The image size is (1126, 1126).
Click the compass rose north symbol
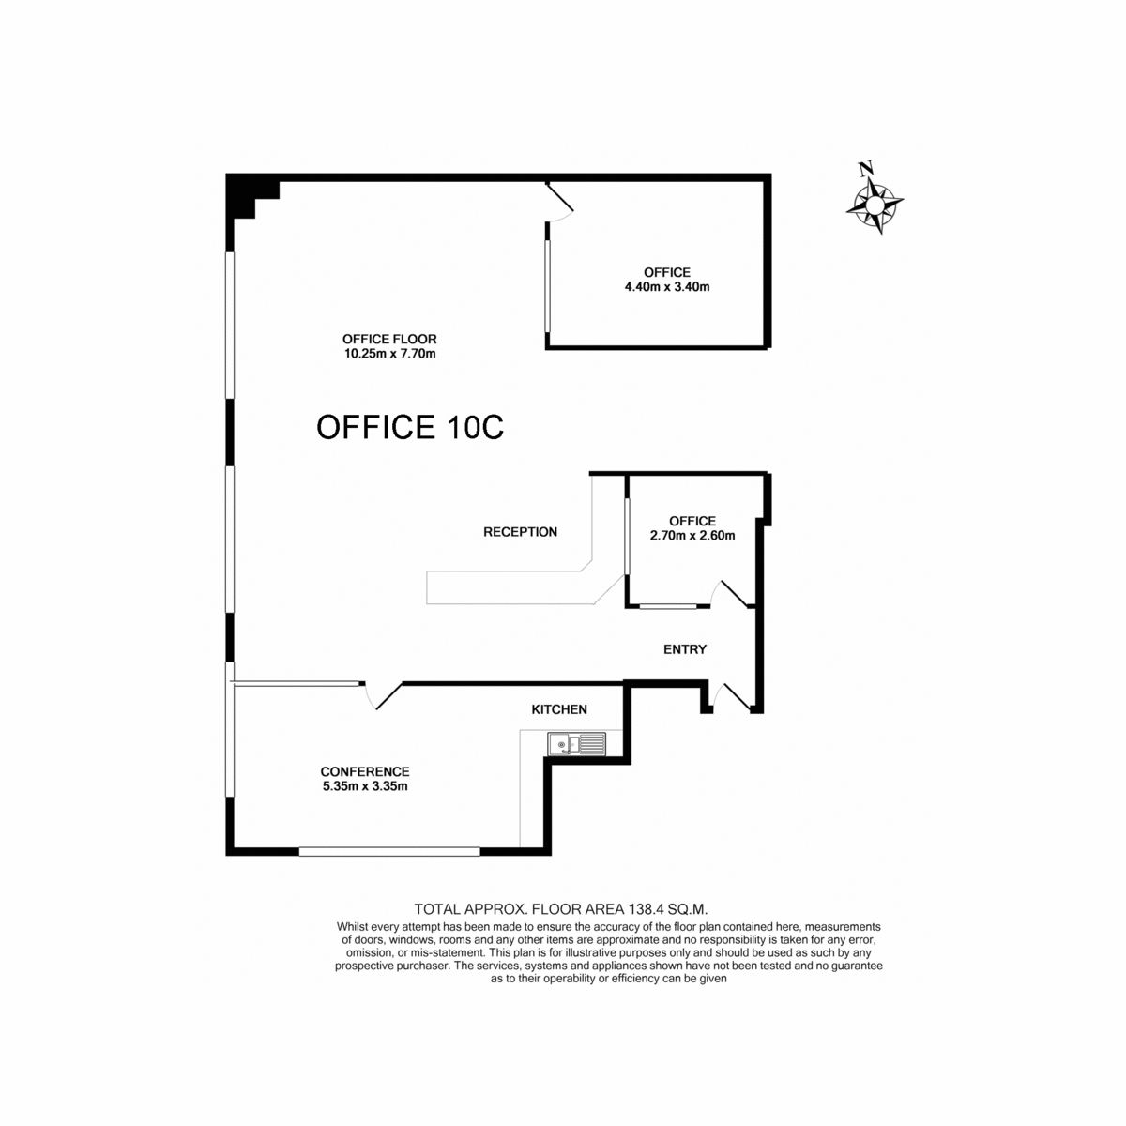pyautogui.click(x=875, y=198)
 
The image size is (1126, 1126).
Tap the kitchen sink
pyautogui.click(x=577, y=744)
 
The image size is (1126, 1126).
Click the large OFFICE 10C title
pyautogui.click(x=410, y=427)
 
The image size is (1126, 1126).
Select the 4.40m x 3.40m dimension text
pyautogui.click(x=667, y=287)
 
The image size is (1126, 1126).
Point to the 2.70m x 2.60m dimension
pyautogui.click(x=692, y=535)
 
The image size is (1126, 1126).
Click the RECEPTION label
pyautogui.click(x=520, y=532)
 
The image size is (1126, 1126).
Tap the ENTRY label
pyautogui.click(x=685, y=649)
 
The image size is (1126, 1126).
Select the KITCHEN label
pyautogui.click(x=559, y=709)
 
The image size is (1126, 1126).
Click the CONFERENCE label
pyautogui.click(x=365, y=771)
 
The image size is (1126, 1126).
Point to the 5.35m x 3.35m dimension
pyautogui.click(x=365, y=786)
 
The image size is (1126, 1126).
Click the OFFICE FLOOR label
pyautogui.click(x=389, y=339)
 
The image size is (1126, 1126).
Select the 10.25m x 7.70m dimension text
pyautogui.click(x=389, y=354)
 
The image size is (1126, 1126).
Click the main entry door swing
pyautogui.click(x=730, y=696)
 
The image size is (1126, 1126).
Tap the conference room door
pyautogui.click(x=383, y=695)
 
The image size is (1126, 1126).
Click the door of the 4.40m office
pyautogui.click(x=560, y=202)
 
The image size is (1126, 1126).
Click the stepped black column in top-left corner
pyautogui.click(x=249, y=196)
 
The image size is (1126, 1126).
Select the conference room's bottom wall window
pyautogui.click(x=389, y=851)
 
